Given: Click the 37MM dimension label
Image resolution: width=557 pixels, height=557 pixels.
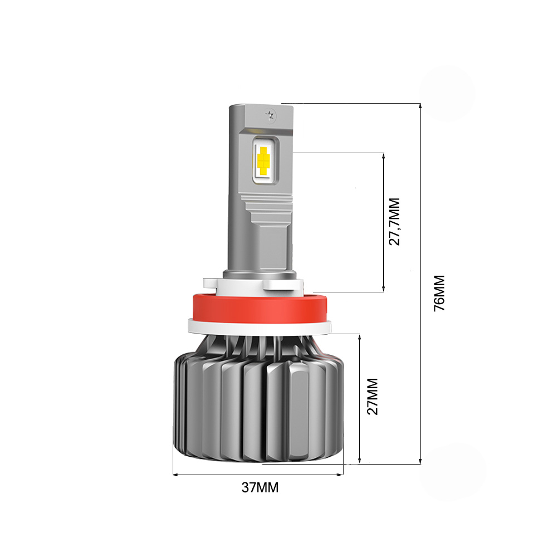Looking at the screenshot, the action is coord(260,487).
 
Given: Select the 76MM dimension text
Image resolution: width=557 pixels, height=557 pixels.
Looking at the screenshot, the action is coord(439,293).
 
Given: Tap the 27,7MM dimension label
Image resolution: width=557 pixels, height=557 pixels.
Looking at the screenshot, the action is coord(394,222).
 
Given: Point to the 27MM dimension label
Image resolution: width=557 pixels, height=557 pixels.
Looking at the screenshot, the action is coord(373,397).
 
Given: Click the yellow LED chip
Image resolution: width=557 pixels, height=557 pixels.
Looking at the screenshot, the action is coord(263,160).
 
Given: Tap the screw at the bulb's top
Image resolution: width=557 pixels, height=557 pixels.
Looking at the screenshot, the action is coord(270,114).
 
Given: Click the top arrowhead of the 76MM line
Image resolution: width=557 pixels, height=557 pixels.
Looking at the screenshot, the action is coord(420,106).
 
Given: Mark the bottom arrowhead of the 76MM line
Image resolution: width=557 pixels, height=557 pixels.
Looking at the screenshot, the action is coord(420,461).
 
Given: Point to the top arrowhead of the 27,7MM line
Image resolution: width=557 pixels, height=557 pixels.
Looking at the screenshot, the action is coord(384,155).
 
